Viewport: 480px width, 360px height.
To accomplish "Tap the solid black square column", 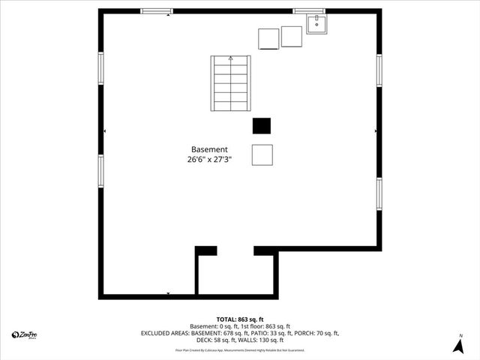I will [x=261, y=126].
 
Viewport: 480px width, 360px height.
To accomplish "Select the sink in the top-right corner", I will [x=317, y=25].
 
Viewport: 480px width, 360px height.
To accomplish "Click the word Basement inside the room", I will [x=209, y=149].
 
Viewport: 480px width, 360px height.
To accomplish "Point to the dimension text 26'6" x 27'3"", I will [x=209, y=159].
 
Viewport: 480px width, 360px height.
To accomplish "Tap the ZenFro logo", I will [x=25, y=334].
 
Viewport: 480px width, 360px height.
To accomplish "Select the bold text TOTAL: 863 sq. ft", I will [x=240, y=319].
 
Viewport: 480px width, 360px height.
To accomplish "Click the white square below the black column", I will [x=262, y=154].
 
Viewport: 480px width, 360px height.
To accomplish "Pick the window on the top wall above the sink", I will [x=308, y=11].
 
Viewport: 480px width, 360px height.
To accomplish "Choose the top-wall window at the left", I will [x=157, y=11].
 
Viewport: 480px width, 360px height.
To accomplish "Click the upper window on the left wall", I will [x=100, y=68].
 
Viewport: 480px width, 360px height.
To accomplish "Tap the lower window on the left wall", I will [x=100, y=169].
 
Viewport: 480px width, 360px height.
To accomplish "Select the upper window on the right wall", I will [x=379, y=70].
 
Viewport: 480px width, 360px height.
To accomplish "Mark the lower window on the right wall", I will [x=379, y=193].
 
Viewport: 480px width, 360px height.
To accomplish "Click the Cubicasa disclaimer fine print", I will [x=240, y=350].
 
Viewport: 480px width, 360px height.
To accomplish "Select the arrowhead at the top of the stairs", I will [x=230, y=58].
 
